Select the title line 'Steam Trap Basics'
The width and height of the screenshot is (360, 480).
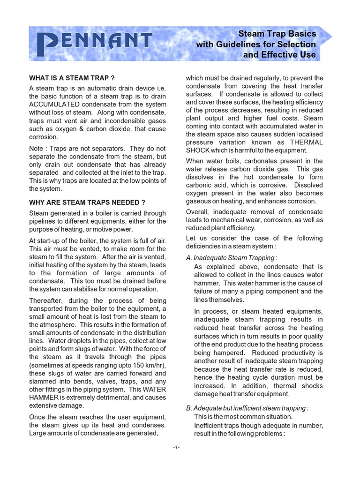coord(277,34)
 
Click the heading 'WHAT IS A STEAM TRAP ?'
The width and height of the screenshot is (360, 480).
coord(72,78)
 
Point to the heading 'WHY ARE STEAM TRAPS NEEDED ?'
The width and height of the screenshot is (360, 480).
coord(87,202)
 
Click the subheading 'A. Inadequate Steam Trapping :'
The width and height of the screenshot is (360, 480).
coord(231,257)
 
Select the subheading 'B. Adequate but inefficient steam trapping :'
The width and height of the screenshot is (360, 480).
coord(247,408)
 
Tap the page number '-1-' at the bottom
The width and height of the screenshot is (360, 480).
coord(176,447)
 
